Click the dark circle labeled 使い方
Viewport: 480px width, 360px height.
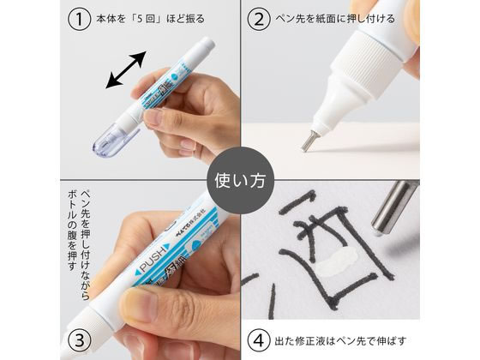239,180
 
